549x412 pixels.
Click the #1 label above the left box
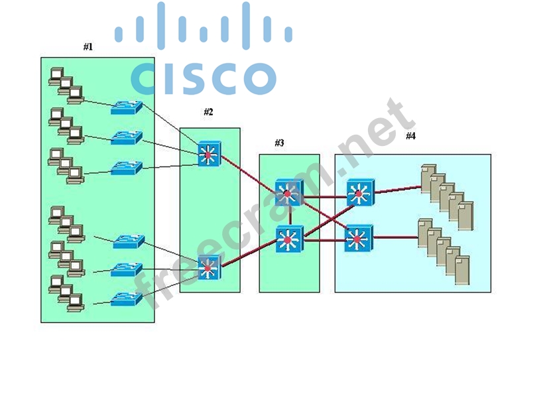[x=88, y=47]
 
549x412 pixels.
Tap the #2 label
[x=208, y=112]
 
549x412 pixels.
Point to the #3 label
[x=279, y=143]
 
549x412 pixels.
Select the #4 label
[x=410, y=136]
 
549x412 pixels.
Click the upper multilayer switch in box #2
[x=209, y=155]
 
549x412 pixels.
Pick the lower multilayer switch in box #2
[x=208, y=267]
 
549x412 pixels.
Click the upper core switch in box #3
[x=288, y=192]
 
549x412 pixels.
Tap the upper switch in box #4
[x=359, y=192]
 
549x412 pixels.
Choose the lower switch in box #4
[x=359, y=238]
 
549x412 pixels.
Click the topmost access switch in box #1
[x=126, y=107]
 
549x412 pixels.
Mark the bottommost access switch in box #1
[x=126, y=299]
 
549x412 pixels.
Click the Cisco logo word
[x=204, y=79]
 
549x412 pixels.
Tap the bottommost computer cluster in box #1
[x=66, y=293]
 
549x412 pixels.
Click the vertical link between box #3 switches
[x=288, y=216]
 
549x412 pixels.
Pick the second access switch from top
[x=126, y=138]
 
